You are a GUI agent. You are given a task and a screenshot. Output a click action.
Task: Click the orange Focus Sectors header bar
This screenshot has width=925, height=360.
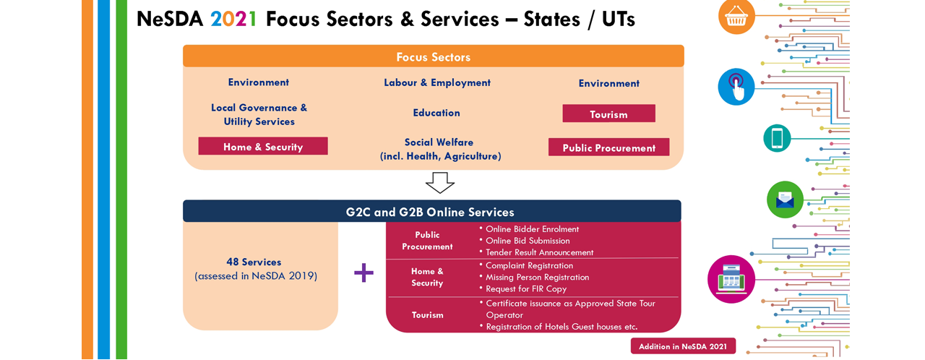pyautogui.click(x=433, y=56)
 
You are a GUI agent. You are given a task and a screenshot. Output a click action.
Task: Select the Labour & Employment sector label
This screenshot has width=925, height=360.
pyautogui.click(x=437, y=83)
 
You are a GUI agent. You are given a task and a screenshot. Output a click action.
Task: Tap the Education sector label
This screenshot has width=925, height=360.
pyautogui.click(x=436, y=113)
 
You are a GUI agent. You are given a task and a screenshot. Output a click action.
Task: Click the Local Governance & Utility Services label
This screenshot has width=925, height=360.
pyautogui.click(x=259, y=114)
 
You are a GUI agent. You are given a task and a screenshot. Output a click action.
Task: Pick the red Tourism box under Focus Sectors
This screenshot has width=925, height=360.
pyautogui.click(x=608, y=113)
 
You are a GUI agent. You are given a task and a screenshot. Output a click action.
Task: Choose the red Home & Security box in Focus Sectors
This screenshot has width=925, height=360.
pyautogui.click(x=263, y=146)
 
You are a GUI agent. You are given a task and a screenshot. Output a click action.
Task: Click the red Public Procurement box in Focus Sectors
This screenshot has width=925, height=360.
pyautogui.click(x=608, y=147)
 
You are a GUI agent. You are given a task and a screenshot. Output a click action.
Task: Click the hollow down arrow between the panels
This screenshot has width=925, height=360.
pyautogui.click(x=440, y=183)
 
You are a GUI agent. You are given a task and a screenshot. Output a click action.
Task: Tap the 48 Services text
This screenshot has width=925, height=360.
pyautogui.click(x=254, y=262)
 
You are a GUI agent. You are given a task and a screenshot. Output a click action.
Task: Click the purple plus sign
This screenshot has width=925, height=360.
pyautogui.click(x=363, y=273)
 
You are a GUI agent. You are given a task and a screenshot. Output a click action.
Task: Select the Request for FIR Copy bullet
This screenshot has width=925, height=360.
pyautogui.click(x=522, y=289)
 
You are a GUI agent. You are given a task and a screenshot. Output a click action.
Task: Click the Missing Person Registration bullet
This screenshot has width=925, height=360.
pyautogui.click(x=534, y=278)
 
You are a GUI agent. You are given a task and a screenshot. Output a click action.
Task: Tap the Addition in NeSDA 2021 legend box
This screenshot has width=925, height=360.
pyautogui.click(x=683, y=346)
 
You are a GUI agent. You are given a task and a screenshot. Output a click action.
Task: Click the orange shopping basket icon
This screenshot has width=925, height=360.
pyautogui.click(x=736, y=17)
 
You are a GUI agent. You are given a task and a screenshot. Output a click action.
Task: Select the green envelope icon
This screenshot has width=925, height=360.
pyautogui.click(x=785, y=200)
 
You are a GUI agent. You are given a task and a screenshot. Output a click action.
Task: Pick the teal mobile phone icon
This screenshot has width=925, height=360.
pyautogui.click(x=777, y=138)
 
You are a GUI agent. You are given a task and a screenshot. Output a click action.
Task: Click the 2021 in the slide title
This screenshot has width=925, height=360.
pyautogui.click(x=233, y=19)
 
